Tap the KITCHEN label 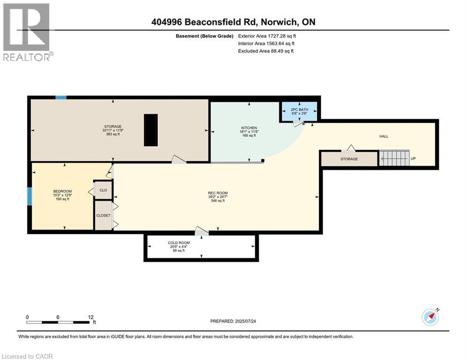pos(249,128)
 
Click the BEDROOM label pos(62,191)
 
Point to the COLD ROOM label pos(179,243)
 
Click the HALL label pos(384,136)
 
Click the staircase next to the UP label pos(394,158)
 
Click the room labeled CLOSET pos(103,215)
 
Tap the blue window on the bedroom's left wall pos(30,196)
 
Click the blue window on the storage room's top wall pos(61,97)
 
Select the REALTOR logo pos(27,32)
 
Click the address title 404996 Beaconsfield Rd pos(233,22)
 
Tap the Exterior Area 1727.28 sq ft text pos(267,36)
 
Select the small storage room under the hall pos(349,159)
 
